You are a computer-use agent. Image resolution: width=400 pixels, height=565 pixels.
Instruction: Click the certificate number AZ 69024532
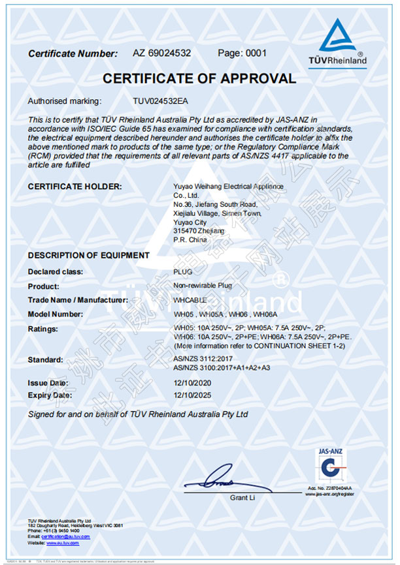click(161, 53)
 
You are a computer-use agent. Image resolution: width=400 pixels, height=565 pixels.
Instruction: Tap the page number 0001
click(233, 53)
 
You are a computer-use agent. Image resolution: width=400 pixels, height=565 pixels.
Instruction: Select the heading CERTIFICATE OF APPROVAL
click(199, 79)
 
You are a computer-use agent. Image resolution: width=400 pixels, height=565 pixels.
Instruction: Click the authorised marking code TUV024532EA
click(159, 101)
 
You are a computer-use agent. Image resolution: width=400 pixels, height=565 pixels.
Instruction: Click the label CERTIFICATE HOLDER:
click(75, 187)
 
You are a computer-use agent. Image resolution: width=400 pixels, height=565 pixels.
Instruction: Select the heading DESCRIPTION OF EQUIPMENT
click(88, 255)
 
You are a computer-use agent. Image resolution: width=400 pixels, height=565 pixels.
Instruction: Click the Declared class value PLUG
click(182, 271)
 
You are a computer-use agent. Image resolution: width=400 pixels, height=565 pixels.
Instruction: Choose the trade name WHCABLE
click(190, 300)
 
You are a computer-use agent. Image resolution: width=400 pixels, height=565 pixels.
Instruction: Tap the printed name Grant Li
click(241, 498)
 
